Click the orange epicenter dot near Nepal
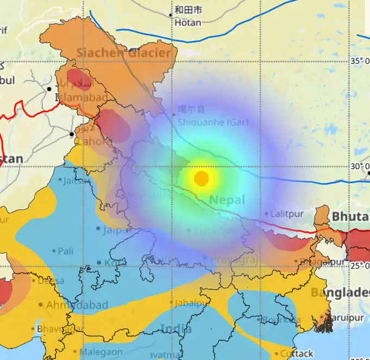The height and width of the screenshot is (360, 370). tap(201, 178)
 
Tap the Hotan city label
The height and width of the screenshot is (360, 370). tap(188, 23)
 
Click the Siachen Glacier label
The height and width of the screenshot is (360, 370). tap(124, 53)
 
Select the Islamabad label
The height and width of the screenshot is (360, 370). tap(76, 98)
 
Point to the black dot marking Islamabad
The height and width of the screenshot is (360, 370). tap(49, 89)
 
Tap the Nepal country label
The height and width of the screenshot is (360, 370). tap(227, 200)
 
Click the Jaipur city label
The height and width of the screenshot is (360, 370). tap(116, 229)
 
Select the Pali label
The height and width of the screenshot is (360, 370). tap(66, 251)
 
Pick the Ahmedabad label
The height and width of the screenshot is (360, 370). tap(70, 305)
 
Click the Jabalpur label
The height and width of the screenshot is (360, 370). tap(190, 303)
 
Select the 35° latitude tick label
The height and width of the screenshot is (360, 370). tap(360, 60)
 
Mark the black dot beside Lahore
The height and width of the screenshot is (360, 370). tap(71, 133)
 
